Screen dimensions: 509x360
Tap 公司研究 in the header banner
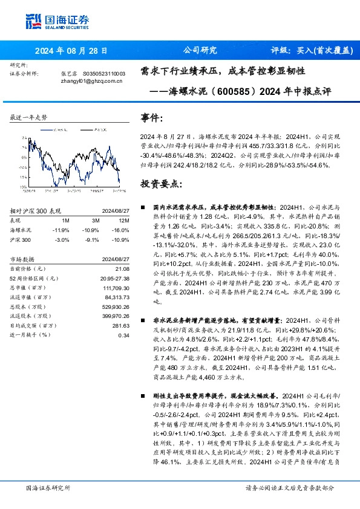coord(199,50)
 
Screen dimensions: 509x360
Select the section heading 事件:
coord(151,117)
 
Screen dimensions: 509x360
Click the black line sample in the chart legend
coord(80,129)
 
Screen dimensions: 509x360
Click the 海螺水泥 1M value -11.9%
coord(62,230)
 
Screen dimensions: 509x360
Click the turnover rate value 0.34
coord(123,334)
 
